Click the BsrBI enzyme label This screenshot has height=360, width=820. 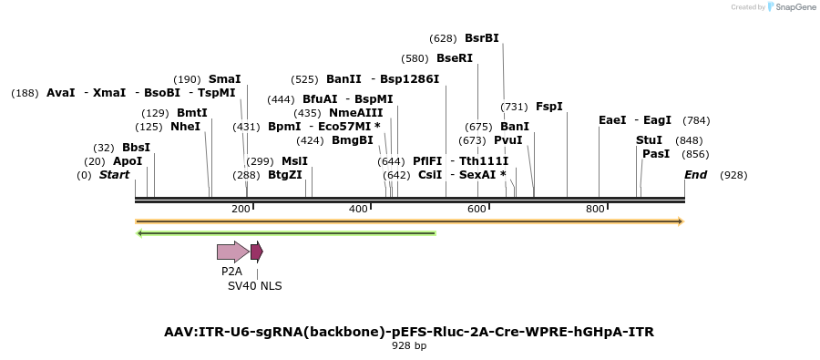click(481, 38)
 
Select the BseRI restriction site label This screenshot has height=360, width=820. click(455, 58)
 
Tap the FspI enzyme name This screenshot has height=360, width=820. click(549, 107)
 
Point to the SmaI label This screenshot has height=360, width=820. click(224, 79)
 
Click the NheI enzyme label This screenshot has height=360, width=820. click(185, 127)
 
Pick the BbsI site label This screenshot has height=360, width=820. click(136, 148)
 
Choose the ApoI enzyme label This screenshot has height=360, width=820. click(128, 161)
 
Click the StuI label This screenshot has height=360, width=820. click(649, 140)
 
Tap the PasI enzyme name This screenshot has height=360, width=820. click(656, 154)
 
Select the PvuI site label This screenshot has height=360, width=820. click(507, 140)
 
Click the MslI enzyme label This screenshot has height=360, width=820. click(294, 161)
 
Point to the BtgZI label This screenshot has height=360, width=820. click(284, 175)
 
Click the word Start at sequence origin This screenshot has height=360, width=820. click(115, 175)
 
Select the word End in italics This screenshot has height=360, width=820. click(695, 175)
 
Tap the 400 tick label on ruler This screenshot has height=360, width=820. click(358, 210)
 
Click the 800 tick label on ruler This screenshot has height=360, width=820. click(595, 210)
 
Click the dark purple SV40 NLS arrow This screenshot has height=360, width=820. click(257, 252)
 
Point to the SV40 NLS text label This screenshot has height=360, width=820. click(255, 286)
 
